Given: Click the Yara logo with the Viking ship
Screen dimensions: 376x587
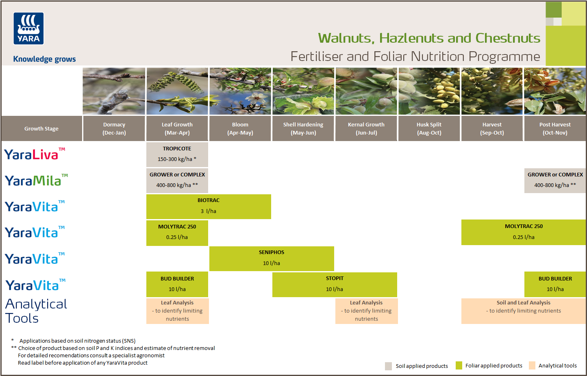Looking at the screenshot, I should (x=28, y=28).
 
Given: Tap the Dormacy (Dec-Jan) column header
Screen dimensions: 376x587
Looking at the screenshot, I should (x=114, y=128).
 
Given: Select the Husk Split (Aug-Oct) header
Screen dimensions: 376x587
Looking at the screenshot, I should (x=429, y=128).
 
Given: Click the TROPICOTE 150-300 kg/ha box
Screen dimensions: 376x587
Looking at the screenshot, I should (x=177, y=154).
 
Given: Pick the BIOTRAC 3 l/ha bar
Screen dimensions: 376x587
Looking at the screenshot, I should (x=209, y=206).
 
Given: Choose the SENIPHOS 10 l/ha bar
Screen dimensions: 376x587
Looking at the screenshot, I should (x=272, y=258).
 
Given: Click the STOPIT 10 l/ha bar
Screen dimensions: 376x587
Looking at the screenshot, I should (x=335, y=284).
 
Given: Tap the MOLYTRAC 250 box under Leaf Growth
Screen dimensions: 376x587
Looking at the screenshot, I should (x=177, y=232).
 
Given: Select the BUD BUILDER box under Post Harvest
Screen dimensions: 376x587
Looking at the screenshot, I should (x=555, y=284).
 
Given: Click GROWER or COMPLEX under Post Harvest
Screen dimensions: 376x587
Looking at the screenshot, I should (x=555, y=180).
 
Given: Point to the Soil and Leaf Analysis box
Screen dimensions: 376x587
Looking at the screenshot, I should (x=523, y=311).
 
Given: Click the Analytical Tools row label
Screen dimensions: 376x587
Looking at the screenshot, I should (x=36, y=311).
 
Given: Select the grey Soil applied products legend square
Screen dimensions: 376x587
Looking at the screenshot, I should (x=388, y=366).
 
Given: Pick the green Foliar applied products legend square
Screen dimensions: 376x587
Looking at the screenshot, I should (x=459, y=365).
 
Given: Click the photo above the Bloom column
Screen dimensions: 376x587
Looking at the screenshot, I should (x=240, y=91).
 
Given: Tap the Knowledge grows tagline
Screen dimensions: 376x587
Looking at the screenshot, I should (x=44, y=59).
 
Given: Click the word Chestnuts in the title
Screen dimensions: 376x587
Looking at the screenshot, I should (x=508, y=38).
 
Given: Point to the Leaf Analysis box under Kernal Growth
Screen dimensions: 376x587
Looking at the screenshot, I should (x=366, y=311).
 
